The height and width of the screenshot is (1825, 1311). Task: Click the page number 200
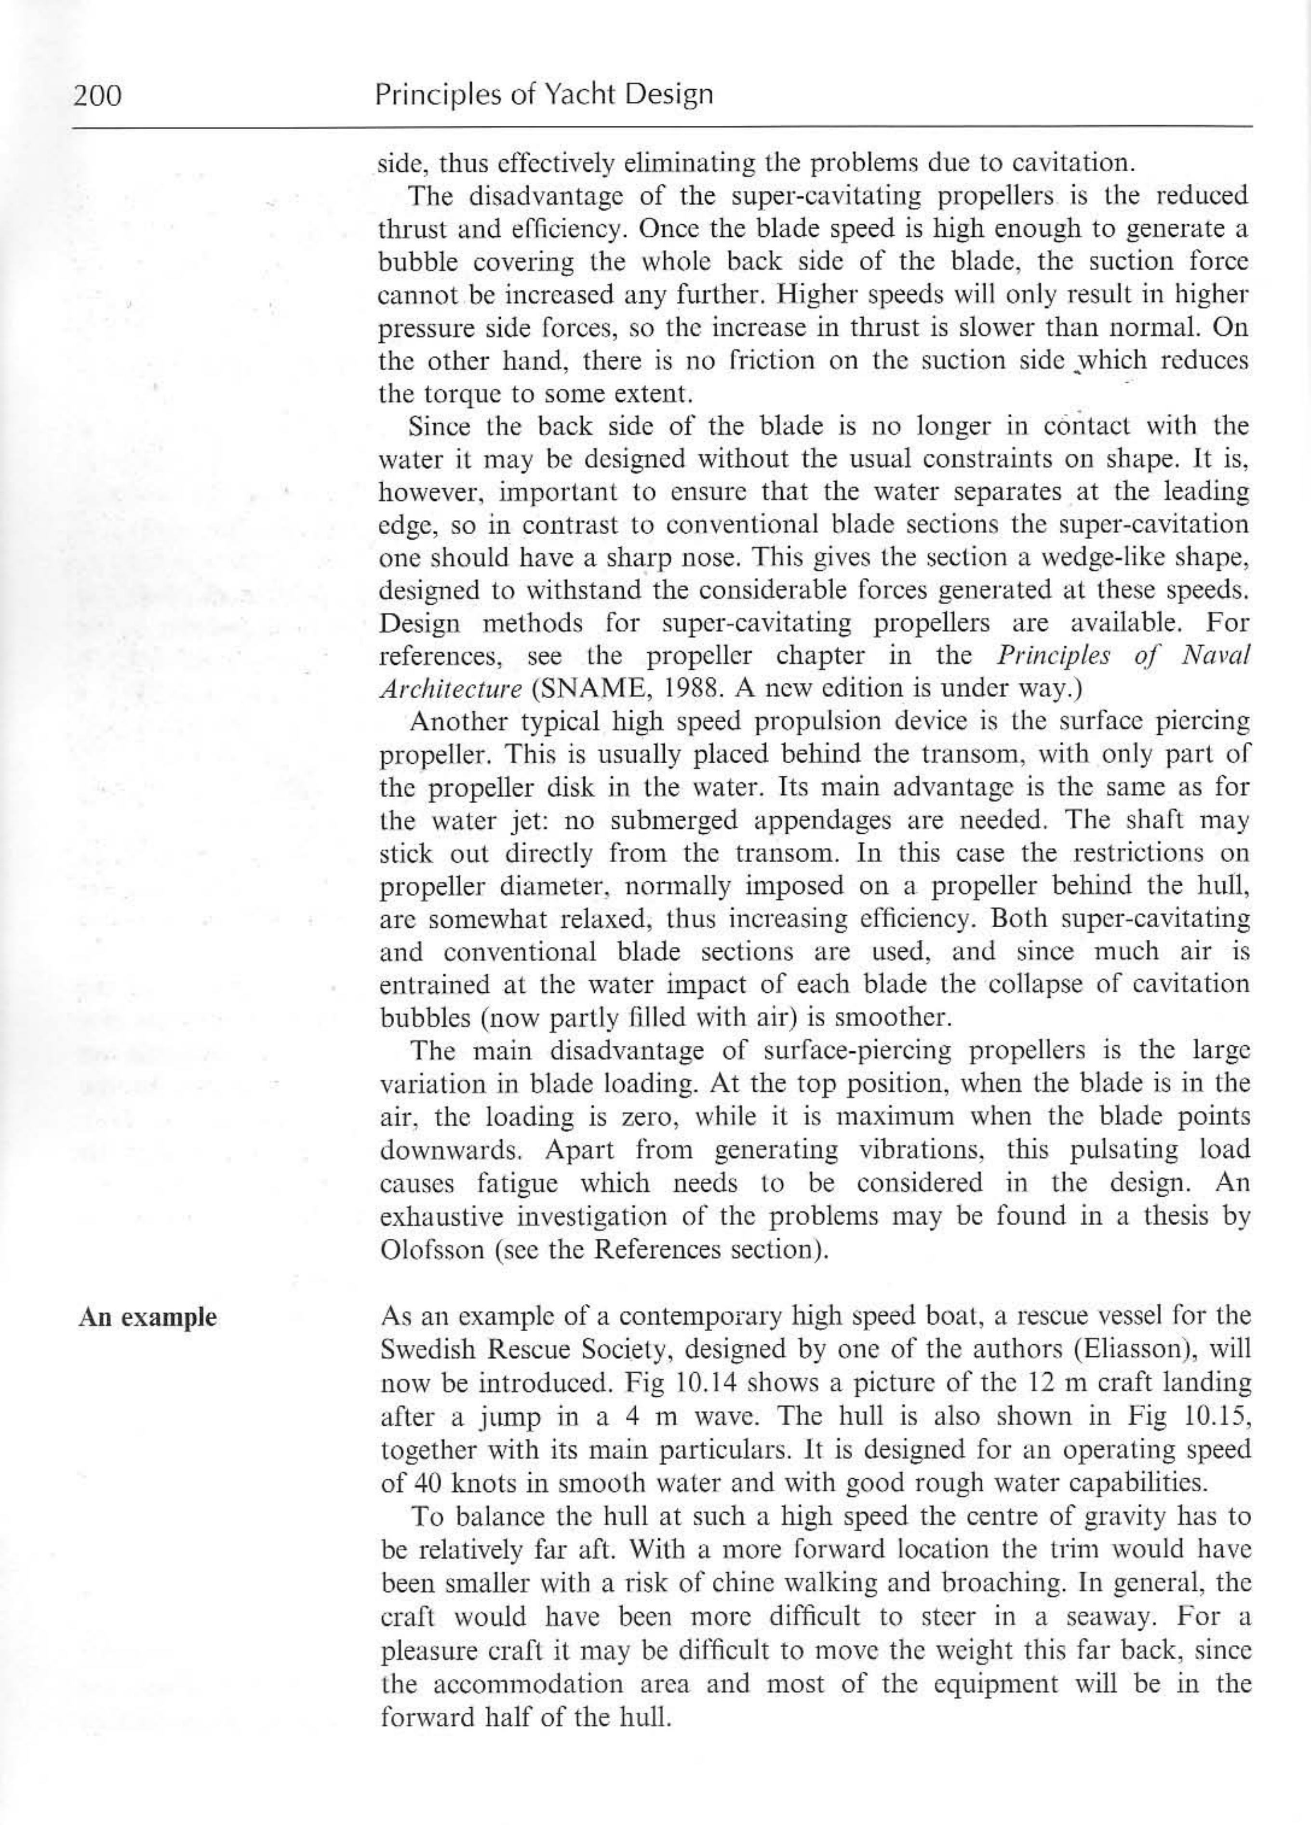pos(97,96)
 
